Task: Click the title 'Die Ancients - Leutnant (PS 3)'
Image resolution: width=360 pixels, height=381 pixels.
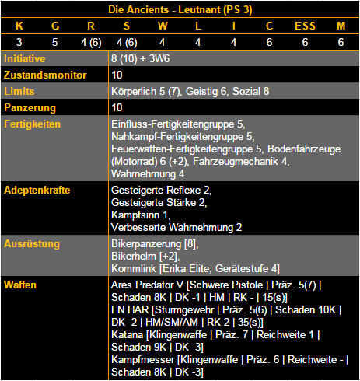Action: click(180, 11)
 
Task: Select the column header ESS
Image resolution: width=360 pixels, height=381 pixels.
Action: click(305, 26)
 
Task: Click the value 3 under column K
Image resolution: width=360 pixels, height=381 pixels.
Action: click(19, 42)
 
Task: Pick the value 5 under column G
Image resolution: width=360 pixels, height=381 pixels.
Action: click(54, 42)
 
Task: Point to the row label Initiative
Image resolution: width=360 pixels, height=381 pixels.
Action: click(25, 58)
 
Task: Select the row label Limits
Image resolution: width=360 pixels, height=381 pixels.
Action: click(19, 91)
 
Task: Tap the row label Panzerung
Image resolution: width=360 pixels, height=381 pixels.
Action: click(29, 107)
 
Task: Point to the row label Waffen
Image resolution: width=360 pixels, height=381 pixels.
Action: click(21, 285)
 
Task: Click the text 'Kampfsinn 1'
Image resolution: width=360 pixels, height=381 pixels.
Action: click(141, 214)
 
